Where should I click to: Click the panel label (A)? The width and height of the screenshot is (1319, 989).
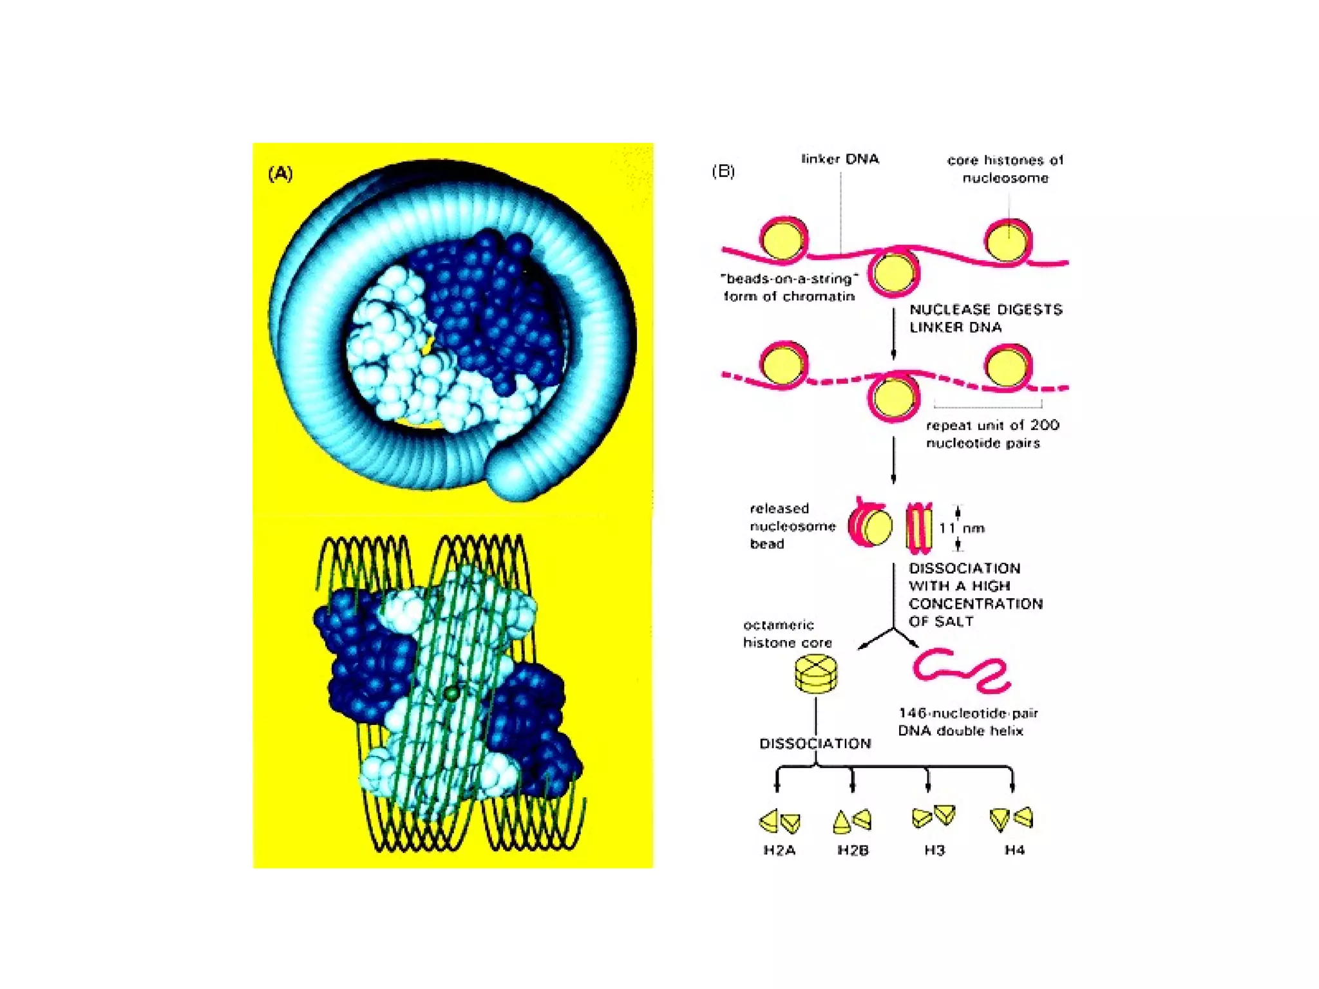(x=280, y=174)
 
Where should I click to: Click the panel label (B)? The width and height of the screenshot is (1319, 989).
(x=723, y=171)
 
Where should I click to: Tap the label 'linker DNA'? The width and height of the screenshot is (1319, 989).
(x=840, y=159)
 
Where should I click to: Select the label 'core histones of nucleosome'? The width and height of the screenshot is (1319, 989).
(x=1005, y=169)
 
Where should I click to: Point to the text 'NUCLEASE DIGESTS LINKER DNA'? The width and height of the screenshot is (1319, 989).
(x=985, y=318)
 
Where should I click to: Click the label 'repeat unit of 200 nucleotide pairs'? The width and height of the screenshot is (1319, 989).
(x=992, y=434)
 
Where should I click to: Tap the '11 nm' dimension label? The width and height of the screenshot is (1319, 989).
(x=962, y=528)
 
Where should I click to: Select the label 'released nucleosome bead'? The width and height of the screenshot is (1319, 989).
(x=792, y=526)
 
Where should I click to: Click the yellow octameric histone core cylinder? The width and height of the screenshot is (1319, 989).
(x=816, y=673)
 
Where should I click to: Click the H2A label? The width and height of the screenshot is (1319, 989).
(x=779, y=851)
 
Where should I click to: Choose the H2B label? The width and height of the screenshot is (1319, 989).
(x=853, y=851)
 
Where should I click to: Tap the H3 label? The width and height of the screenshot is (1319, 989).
(x=935, y=851)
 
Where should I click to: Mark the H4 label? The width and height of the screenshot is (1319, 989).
(x=1014, y=851)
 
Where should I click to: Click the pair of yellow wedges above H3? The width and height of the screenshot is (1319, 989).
(x=934, y=816)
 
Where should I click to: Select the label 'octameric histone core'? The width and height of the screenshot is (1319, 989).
(x=787, y=634)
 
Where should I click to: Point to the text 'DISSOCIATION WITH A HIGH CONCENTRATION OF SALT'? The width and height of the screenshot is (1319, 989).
(x=975, y=595)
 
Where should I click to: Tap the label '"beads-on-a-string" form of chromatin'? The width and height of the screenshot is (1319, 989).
(x=790, y=287)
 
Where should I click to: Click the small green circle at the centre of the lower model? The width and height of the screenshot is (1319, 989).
(x=452, y=693)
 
